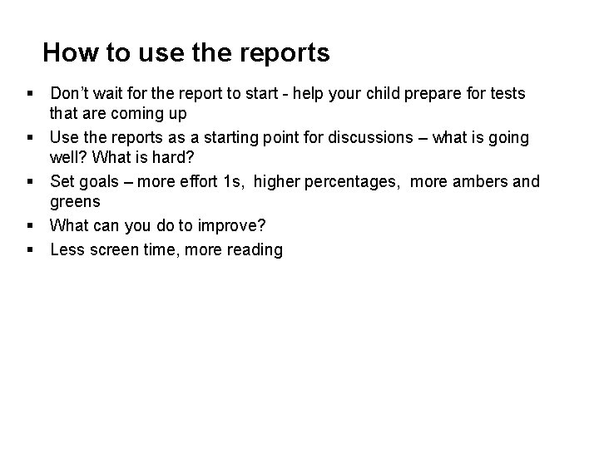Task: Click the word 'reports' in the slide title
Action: (285, 54)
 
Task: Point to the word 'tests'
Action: (504, 93)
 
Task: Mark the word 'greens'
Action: (75, 202)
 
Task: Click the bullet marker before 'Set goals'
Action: (29, 181)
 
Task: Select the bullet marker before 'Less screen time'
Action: (29, 249)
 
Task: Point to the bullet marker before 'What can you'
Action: (29, 225)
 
